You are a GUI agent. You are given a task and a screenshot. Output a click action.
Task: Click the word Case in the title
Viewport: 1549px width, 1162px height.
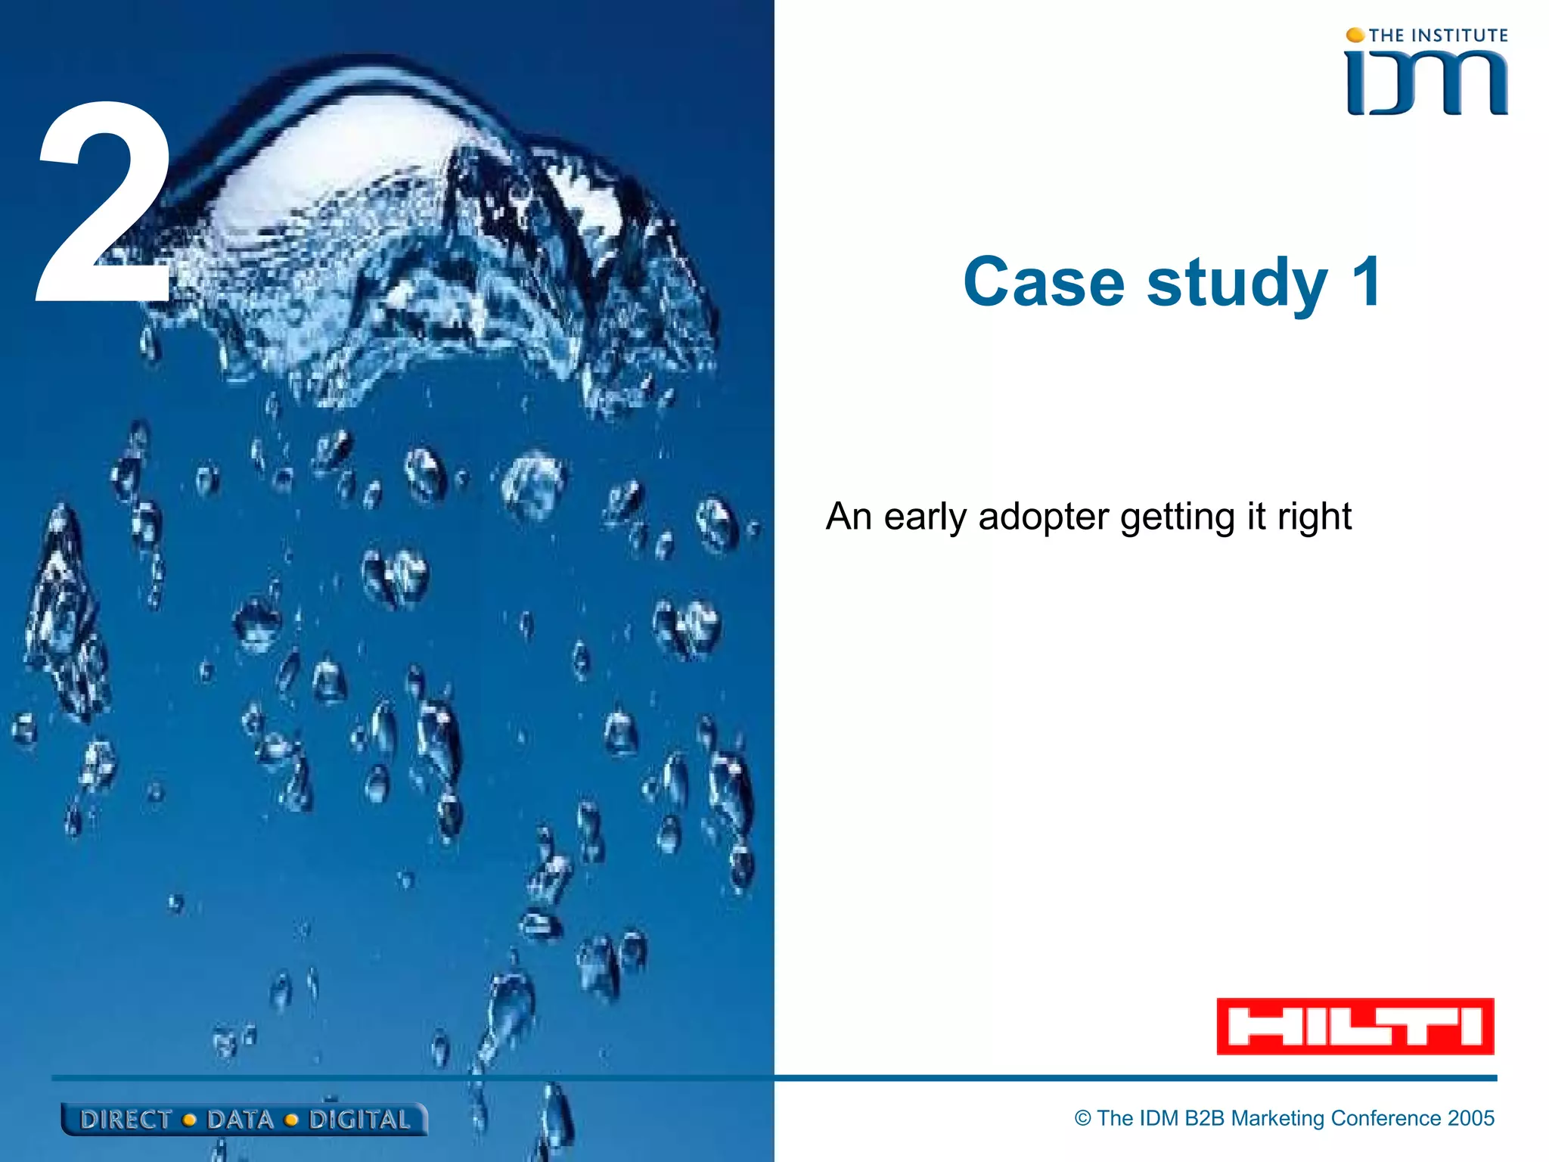coord(1044,282)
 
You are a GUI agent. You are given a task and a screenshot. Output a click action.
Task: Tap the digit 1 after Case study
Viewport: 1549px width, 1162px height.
coord(1367,282)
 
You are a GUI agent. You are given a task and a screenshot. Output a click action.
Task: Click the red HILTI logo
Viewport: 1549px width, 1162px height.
coord(1355,1027)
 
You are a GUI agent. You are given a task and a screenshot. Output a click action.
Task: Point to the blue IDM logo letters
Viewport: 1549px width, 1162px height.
coord(1426,83)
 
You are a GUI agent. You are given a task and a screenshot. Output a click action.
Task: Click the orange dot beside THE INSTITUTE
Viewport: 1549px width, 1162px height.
coord(1355,35)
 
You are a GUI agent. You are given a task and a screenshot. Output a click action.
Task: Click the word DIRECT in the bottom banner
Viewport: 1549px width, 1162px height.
coord(126,1120)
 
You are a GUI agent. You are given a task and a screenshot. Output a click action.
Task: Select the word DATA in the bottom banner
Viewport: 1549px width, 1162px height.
coord(240,1120)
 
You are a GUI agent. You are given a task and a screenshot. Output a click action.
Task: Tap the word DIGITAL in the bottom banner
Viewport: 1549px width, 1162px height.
coord(359,1120)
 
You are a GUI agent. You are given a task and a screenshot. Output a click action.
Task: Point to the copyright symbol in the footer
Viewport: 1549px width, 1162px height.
coord(1083,1118)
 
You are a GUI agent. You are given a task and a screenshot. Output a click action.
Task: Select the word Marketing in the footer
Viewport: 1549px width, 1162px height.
coord(1277,1118)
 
